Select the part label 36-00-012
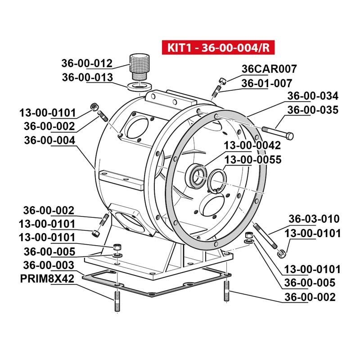(x=87, y=63)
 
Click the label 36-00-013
(x=87, y=77)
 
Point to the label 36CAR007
(x=269, y=69)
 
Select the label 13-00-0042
(x=252, y=146)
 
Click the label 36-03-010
(x=314, y=219)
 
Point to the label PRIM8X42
(x=47, y=279)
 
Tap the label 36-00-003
(x=49, y=265)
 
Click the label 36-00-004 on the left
(x=49, y=140)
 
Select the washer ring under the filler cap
(x=139, y=85)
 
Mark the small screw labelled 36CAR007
(x=222, y=81)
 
